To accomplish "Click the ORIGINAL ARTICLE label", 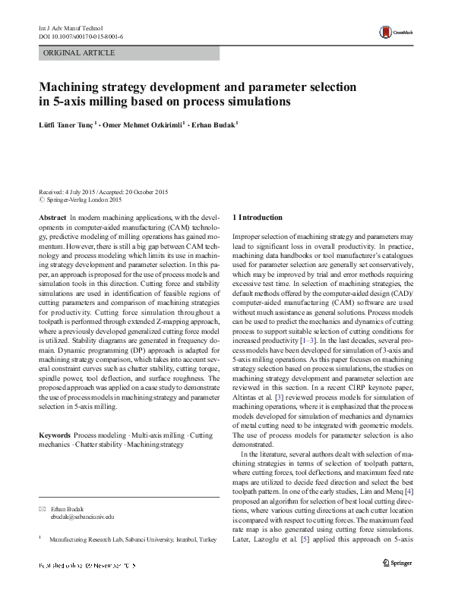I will click(x=80, y=53).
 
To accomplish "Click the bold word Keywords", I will click(x=55, y=435).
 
